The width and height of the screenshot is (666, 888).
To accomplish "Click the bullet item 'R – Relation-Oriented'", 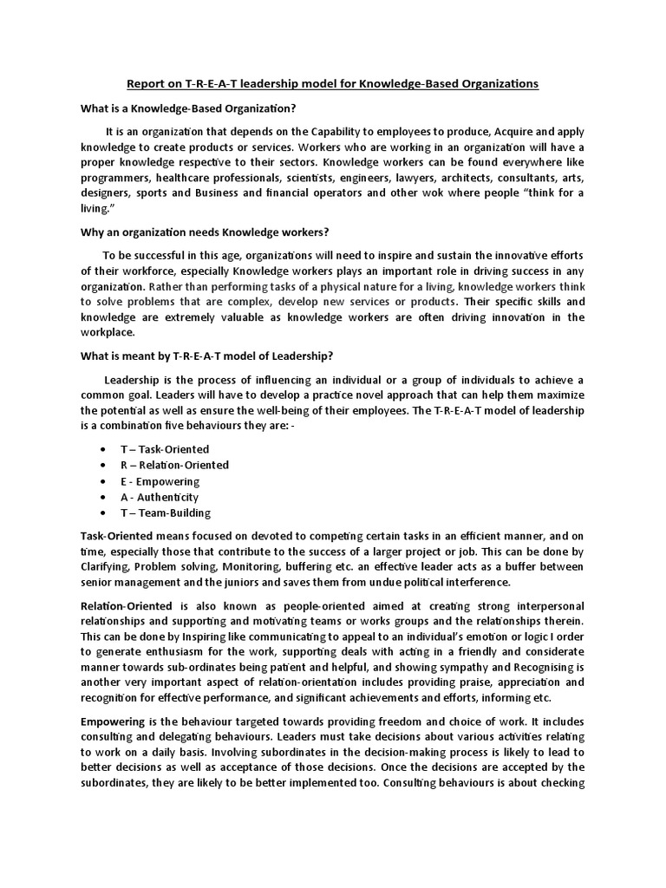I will (x=174, y=465).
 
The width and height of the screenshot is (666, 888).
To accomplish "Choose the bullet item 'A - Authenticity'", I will (x=160, y=497).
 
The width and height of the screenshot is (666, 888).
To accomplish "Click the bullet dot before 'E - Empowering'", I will (x=103, y=481).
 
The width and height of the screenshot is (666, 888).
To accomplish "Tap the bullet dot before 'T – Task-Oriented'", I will (x=103, y=449).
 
